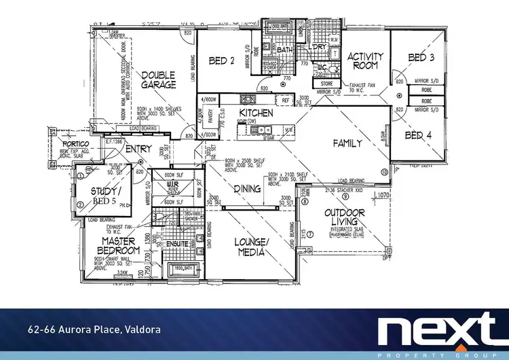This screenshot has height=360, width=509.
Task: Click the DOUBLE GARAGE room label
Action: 159,80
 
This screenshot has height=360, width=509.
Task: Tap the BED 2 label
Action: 222,61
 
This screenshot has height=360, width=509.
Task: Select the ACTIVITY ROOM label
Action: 366,61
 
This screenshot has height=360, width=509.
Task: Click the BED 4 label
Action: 418,136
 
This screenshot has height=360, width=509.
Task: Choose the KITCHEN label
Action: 256,113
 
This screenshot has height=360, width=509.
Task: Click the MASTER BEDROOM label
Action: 121,246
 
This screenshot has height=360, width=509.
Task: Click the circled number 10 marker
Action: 383,173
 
